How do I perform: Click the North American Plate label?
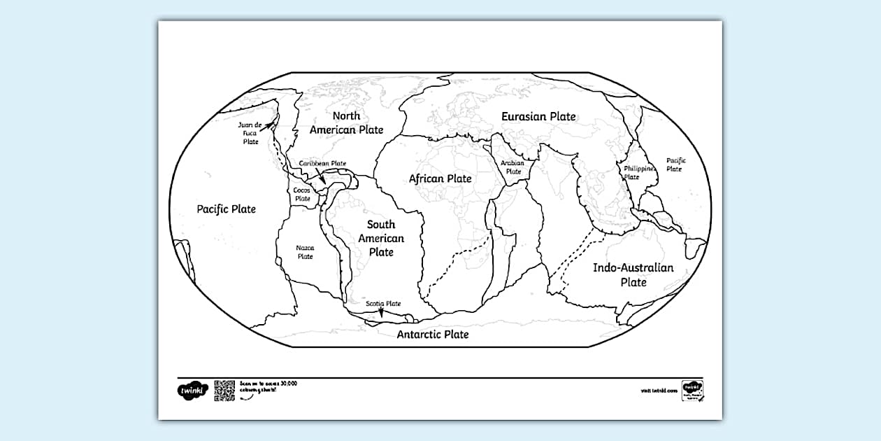click(x=346, y=122)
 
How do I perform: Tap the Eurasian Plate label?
click(x=538, y=116)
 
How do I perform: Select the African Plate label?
click(x=440, y=178)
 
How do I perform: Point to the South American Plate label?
click(x=381, y=238)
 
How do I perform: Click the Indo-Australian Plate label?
click(x=633, y=274)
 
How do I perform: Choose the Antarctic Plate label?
click(x=433, y=335)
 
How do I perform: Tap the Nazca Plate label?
click(x=305, y=252)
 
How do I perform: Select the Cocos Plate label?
click(x=302, y=194)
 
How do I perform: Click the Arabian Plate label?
click(x=513, y=167)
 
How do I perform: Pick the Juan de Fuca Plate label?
click(x=250, y=133)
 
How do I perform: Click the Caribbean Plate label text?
click(x=323, y=164)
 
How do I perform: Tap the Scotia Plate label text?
click(x=384, y=304)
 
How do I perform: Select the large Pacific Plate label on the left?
click(x=227, y=209)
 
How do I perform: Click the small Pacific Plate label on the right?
click(x=675, y=164)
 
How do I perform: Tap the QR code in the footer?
click(x=224, y=391)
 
